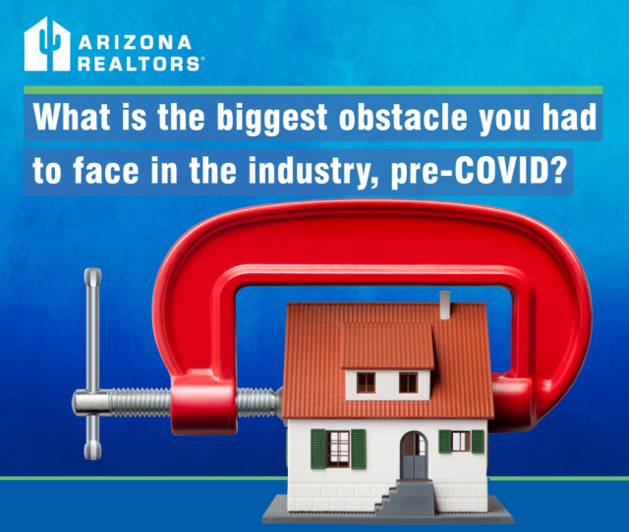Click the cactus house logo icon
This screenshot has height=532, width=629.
[47, 44]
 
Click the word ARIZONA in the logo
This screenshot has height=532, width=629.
[135, 42]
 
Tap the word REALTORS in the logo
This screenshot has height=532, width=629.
[139, 64]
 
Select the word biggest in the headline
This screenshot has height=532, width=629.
[272, 118]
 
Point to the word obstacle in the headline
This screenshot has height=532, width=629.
[404, 117]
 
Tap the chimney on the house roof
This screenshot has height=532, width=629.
[445, 305]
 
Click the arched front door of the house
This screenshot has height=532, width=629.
[414, 455]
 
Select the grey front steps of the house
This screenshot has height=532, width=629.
[405, 497]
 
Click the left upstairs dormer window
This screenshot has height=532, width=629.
[366, 383]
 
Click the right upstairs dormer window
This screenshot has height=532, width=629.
[409, 383]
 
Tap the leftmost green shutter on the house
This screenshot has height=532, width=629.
[318, 449]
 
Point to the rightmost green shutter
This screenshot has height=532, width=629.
[478, 442]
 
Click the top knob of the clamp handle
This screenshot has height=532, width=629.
[92, 277]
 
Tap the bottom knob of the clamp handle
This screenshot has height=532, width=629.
[92, 451]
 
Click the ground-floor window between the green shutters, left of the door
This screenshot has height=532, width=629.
[338, 449]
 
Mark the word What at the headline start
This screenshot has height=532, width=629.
[72, 117]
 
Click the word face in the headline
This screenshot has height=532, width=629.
[106, 171]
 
